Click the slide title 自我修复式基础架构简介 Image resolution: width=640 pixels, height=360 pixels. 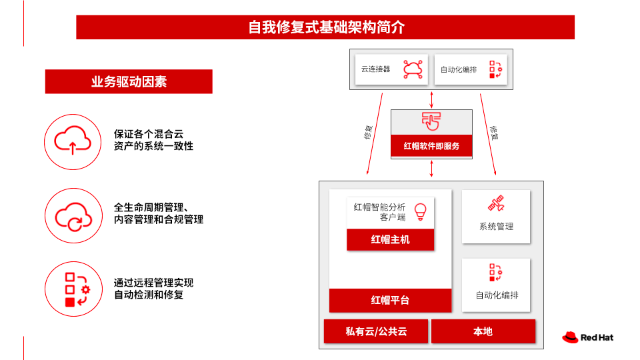(326, 27)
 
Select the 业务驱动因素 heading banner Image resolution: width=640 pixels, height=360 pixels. (129, 81)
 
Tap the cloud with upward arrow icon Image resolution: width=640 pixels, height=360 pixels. (73, 140)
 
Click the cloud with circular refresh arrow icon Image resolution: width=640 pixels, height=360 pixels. (73, 216)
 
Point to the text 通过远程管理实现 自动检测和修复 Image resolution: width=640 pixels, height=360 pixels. (153, 289)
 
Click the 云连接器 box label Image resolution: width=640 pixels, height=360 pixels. (375, 69)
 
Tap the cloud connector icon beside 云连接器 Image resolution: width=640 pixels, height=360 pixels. (413, 69)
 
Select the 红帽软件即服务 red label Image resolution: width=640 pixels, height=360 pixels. (431, 146)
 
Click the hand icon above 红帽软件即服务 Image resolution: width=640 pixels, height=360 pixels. (431, 121)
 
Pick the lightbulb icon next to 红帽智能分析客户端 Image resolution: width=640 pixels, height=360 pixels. (421, 212)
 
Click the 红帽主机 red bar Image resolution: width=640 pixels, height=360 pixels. (390, 239)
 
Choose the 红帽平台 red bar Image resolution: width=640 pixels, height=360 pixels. (390, 300)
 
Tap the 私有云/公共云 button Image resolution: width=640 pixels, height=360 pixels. (376, 331)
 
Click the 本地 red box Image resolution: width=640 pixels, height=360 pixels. (483, 331)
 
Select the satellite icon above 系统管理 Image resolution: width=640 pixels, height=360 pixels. (496, 203)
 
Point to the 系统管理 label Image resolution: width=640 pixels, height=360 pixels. (496, 227)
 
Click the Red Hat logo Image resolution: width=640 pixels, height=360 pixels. (588, 337)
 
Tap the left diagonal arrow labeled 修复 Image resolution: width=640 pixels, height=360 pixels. (375, 134)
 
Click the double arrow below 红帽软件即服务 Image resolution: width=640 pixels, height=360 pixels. (431, 169)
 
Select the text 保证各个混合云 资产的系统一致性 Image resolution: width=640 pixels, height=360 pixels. (153, 140)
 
